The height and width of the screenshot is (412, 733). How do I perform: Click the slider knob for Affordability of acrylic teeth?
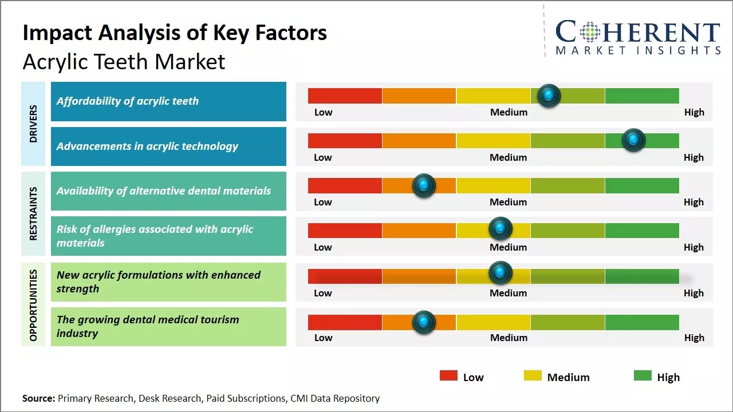click(549, 96)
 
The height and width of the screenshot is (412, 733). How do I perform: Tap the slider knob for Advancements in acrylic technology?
click(633, 140)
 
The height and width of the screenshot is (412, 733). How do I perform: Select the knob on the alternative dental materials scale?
click(424, 185)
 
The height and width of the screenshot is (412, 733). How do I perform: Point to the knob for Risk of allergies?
click(501, 229)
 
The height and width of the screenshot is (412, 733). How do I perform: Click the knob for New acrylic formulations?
click(501, 273)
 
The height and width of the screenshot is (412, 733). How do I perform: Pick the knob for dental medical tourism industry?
click(424, 322)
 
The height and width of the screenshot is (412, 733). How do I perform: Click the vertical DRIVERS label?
click(33, 124)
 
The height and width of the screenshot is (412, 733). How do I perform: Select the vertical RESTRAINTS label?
click(33, 213)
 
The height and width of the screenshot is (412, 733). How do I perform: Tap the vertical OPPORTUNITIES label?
click(33, 305)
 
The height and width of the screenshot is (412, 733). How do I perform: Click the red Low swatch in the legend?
click(448, 375)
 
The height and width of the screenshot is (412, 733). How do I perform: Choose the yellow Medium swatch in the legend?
click(533, 375)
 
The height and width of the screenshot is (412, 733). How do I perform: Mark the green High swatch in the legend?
click(643, 375)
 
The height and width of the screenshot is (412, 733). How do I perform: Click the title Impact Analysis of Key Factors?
click(175, 33)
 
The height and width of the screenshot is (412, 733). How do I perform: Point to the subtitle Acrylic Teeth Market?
click(124, 62)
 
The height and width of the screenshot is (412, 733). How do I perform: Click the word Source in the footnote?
click(38, 398)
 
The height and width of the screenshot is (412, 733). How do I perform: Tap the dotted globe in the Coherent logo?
click(590, 32)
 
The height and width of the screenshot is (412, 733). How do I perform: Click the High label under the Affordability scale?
click(694, 112)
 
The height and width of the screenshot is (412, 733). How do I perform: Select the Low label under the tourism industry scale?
click(323, 338)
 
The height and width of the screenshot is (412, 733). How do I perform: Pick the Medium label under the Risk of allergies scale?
click(508, 247)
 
